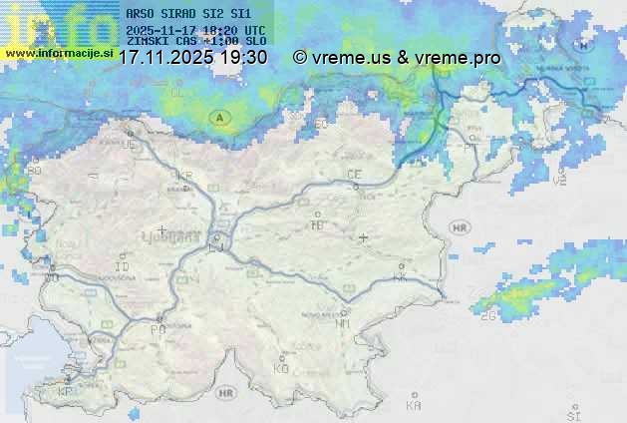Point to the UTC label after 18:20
pos(254,31)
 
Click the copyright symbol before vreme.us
pos(300,58)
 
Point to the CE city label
pos(354,174)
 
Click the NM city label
pos(342,323)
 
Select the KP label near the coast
pos(66,392)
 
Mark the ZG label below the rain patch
pos(488,316)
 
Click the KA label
pos(415,405)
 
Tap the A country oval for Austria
pos(218,118)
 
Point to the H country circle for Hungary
pos(582,45)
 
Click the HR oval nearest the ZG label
pos(460,227)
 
